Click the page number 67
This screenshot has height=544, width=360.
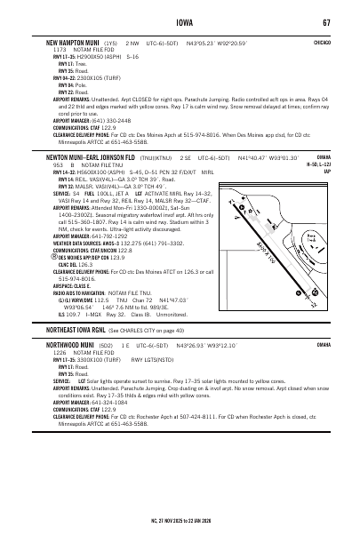coord(327,21)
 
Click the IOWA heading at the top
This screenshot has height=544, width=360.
coord(180,21)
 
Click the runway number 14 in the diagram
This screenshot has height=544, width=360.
coord(260,195)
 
